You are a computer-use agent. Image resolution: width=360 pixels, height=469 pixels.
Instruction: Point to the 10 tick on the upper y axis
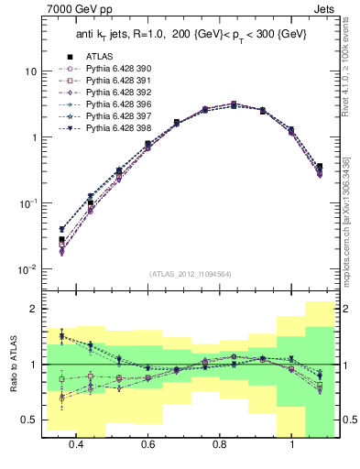tap(30, 71)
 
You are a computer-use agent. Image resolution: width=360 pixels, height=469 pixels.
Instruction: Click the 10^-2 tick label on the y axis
tap(27, 269)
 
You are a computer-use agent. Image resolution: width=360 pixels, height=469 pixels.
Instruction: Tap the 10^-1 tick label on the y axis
tap(27, 203)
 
